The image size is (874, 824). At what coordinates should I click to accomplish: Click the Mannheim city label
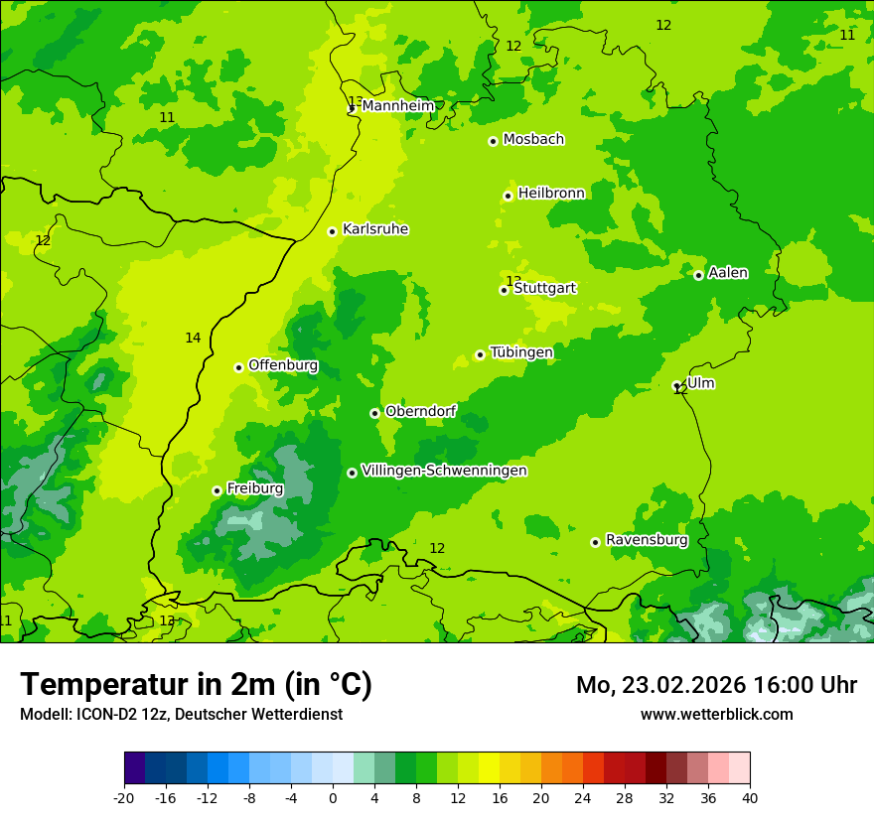(398, 106)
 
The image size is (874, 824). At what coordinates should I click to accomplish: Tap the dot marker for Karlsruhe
(333, 231)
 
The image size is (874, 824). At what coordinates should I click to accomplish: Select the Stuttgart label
(544, 288)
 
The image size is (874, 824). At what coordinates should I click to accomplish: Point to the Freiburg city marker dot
(217, 490)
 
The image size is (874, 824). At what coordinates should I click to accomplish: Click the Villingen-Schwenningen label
(444, 471)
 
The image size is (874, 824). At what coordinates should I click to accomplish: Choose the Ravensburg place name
(647, 540)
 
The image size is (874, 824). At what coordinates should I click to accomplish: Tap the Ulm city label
(700, 383)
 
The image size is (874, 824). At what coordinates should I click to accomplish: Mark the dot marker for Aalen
(698, 275)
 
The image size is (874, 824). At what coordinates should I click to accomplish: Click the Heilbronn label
(551, 194)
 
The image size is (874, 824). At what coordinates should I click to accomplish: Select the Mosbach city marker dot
(493, 141)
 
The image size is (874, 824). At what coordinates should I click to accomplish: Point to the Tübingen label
(521, 352)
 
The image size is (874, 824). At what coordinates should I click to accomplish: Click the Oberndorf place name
(420, 411)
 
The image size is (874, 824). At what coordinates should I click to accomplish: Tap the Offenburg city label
(283, 365)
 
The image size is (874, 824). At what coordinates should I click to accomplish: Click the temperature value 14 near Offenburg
(193, 339)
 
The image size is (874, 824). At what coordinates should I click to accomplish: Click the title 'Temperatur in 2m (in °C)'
(196, 684)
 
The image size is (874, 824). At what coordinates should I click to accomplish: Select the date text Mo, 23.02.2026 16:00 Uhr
(716, 685)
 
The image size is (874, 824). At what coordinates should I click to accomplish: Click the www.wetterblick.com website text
(716, 714)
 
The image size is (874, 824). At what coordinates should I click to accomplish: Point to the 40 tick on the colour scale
(750, 797)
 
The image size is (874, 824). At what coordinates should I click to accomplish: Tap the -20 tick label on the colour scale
(124, 797)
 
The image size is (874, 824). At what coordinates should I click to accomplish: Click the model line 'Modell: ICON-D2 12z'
(181, 714)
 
